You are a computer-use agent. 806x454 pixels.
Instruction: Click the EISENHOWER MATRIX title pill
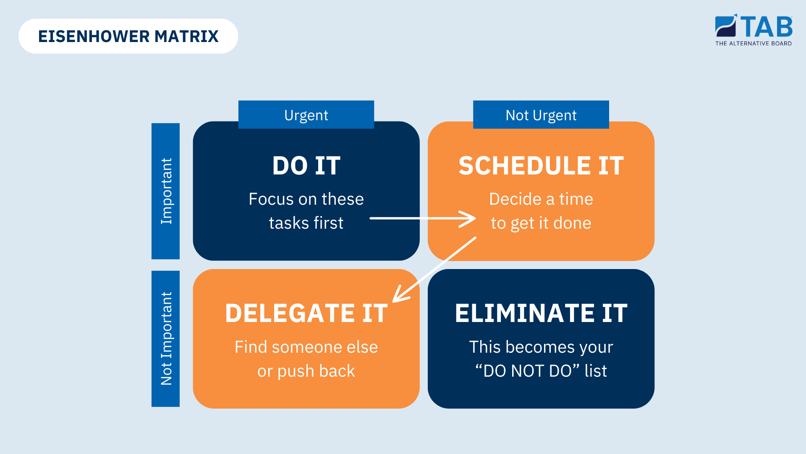pyautogui.click(x=128, y=36)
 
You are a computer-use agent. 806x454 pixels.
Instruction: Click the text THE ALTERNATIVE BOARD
pyautogui.click(x=754, y=43)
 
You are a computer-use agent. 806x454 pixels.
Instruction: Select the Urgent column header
pyautogui.click(x=306, y=115)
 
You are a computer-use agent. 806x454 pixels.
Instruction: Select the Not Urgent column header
pyautogui.click(x=541, y=115)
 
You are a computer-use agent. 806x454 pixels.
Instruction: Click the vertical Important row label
pyautogui.click(x=166, y=191)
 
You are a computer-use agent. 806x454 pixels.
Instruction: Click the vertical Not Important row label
pyautogui.click(x=166, y=339)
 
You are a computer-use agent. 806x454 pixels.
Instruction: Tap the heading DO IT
pyautogui.click(x=306, y=166)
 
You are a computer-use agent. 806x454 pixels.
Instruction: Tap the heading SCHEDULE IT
pyautogui.click(x=541, y=166)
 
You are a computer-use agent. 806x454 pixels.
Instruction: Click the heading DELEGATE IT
pyautogui.click(x=306, y=313)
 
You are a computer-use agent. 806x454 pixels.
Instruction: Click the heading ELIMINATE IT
pyautogui.click(x=541, y=313)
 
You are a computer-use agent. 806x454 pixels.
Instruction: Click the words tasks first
pyautogui.click(x=306, y=223)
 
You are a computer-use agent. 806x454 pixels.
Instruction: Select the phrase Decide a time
pyautogui.click(x=541, y=199)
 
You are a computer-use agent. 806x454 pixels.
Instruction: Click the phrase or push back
pyautogui.click(x=306, y=371)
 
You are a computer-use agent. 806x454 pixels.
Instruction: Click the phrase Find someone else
pyautogui.click(x=306, y=347)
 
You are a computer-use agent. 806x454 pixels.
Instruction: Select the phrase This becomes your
pyautogui.click(x=541, y=347)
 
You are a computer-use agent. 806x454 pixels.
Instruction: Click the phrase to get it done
pyautogui.click(x=541, y=223)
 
